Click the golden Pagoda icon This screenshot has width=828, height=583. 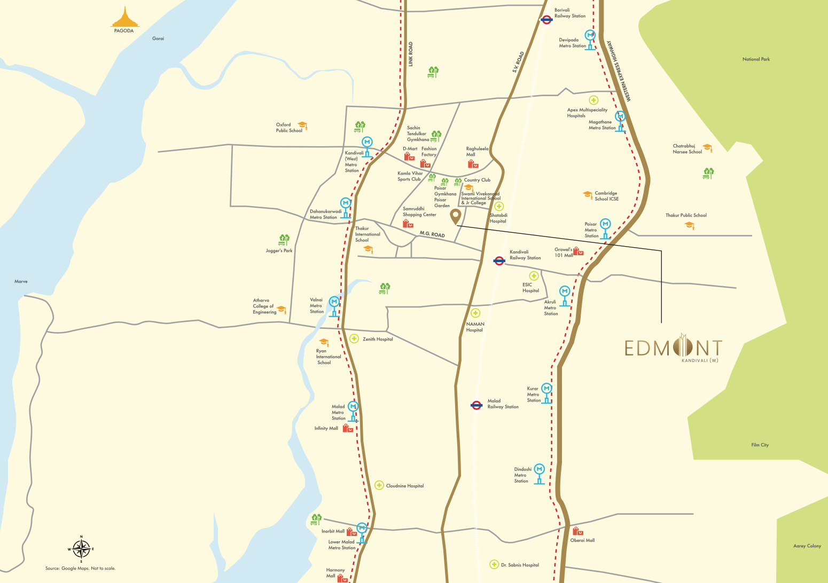tap(124, 17)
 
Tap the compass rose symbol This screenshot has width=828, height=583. tap(81, 548)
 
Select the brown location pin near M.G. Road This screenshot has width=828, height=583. tap(455, 217)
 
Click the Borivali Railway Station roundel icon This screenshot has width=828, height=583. tap(546, 20)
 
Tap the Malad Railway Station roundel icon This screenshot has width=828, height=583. tap(477, 405)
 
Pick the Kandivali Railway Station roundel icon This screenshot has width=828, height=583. tap(499, 261)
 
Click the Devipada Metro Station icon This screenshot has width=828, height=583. tap(590, 38)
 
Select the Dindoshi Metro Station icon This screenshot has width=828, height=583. tap(540, 473)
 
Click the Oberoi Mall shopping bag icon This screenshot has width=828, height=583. tap(577, 531)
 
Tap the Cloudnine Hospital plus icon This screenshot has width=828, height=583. tap(379, 485)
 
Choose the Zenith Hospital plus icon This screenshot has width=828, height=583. tap(354, 338)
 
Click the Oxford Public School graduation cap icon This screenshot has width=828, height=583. tap(302, 126)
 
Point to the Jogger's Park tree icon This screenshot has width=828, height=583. tap(284, 240)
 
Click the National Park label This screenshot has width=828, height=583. tap(756, 59)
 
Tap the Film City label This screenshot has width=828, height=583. tap(760, 445)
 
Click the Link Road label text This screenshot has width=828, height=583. tap(411, 54)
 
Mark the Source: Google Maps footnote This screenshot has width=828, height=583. tap(80, 568)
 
